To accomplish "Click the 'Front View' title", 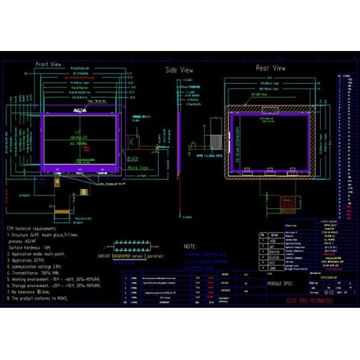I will click(x=49, y=64).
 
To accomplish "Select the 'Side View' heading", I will click(x=179, y=71).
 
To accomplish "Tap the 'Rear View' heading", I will click(x=270, y=68).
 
